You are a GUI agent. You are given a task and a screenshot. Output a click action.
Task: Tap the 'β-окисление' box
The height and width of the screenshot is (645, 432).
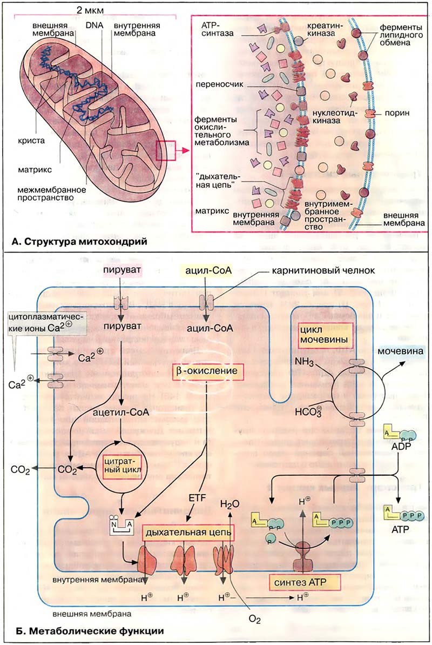click(x=207, y=371)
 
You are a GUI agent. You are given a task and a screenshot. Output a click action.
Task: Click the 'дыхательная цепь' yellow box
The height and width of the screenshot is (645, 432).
click(x=188, y=533)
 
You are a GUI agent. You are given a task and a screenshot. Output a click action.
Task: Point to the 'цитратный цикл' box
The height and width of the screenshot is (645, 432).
click(x=120, y=464)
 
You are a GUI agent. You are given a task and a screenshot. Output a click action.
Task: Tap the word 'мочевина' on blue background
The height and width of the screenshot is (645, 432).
click(x=400, y=352)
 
